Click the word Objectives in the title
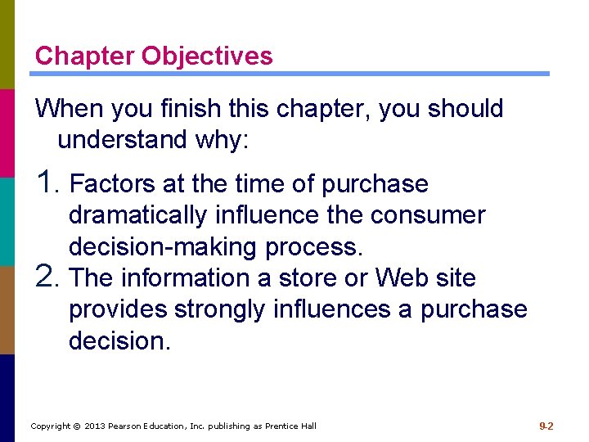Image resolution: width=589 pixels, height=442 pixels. click(x=207, y=56)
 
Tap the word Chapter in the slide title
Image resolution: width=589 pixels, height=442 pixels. click(x=85, y=56)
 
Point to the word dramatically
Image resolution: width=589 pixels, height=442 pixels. click(x=138, y=215)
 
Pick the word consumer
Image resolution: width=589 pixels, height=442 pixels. click(x=427, y=215)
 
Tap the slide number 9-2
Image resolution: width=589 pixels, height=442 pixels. click(x=546, y=426)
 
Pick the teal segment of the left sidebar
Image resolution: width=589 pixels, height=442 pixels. click(x=7, y=221)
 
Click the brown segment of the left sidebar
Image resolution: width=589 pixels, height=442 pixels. click(x=7, y=309)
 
